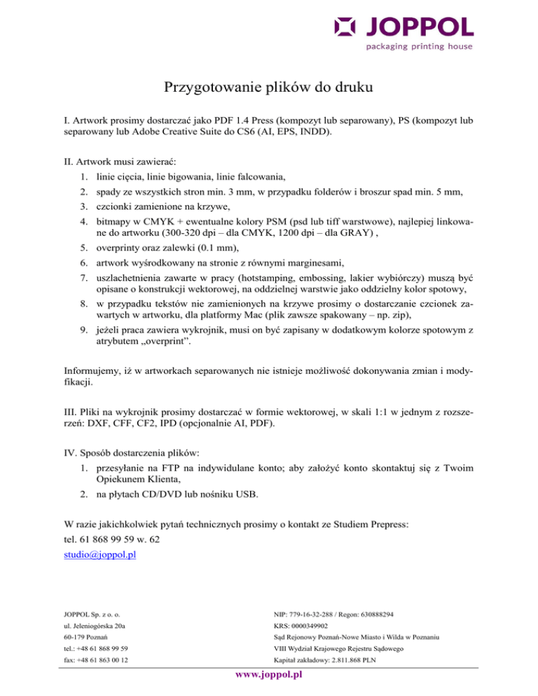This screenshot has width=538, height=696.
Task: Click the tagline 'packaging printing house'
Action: click(x=419, y=47)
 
